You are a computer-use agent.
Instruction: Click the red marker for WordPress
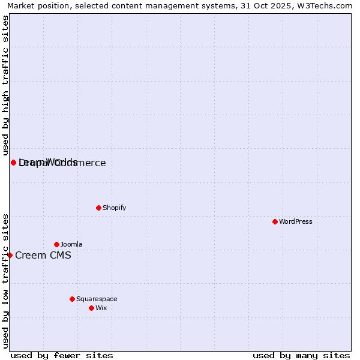pos(275,221)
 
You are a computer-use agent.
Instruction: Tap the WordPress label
pos(296,221)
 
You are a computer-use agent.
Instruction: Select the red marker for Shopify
pos(99,208)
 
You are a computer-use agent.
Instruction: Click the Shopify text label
pos(115,208)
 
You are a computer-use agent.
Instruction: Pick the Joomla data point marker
pos(57,244)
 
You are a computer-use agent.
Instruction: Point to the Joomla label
pos(71,244)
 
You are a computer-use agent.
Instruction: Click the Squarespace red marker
pos(73,299)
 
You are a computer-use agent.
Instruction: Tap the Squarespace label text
pos(97,299)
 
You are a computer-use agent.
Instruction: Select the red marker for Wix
pos(92,308)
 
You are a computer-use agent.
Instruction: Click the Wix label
pos(101,308)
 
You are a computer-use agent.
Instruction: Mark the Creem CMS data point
pos(10,255)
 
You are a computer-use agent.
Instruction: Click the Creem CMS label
pos(43,255)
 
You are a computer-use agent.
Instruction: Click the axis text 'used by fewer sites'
pos(62,355)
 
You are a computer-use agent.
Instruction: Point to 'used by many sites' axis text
pos(301,355)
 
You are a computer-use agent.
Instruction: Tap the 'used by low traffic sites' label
pos(6,281)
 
